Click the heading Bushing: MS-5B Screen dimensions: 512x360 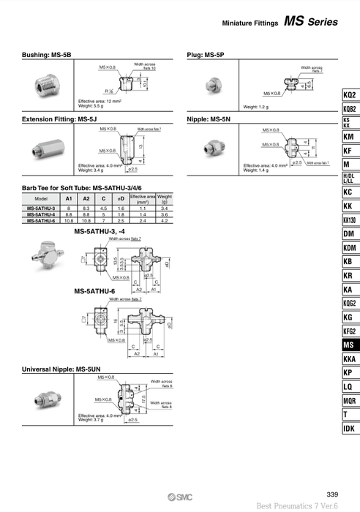point(47,54)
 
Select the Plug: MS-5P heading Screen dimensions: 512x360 point(207,54)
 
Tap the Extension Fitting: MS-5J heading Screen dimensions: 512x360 point(61,118)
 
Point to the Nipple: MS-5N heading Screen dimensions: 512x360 point(210,118)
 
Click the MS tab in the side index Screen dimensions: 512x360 point(349,345)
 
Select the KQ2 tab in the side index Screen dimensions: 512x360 point(349,95)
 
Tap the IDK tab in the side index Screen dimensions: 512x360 point(349,428)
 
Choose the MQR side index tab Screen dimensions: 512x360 point(349,400)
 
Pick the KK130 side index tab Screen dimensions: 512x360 point(349,219)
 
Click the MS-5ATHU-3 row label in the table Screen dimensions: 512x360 point(41,208)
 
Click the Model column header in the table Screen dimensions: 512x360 point(41,199)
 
